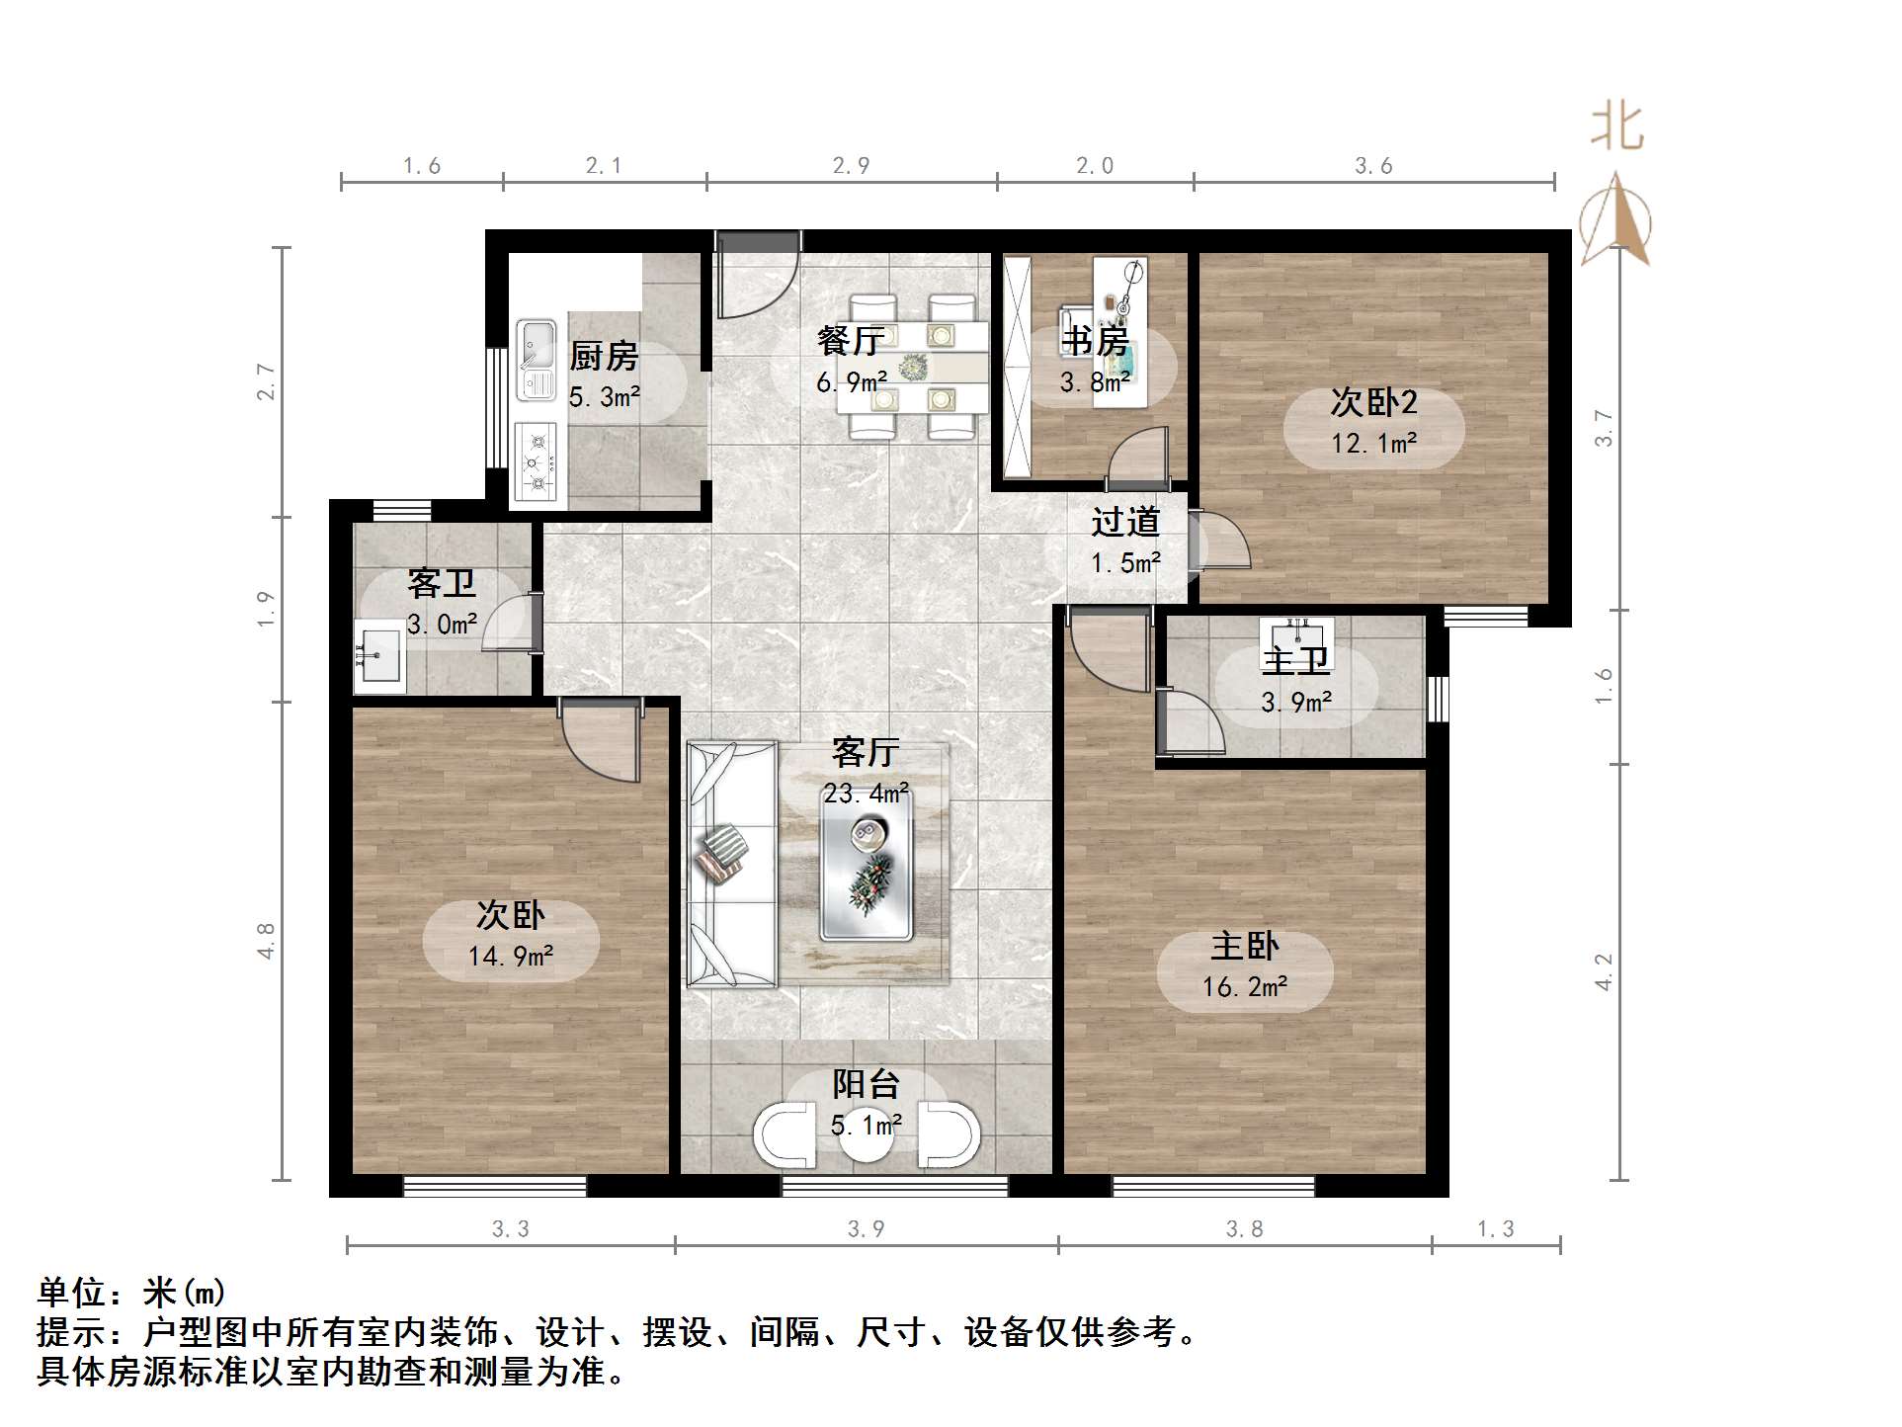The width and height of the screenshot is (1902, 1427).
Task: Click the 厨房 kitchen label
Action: click(604, 356)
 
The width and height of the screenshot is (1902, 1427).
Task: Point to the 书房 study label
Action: click(1095, 342)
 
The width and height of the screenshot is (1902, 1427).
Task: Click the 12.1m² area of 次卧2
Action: click(1373, 444)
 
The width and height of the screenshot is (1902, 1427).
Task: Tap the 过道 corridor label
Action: click(1124, 522)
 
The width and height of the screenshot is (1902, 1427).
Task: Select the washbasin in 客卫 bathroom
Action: click(378, 654)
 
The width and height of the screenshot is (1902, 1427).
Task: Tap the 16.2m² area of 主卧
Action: click(1244, 987)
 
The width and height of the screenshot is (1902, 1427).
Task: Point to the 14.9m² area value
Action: click(510, 956)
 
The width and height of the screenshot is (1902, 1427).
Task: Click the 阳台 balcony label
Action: click(866, 1084)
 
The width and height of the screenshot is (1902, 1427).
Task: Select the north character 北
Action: click(1616, 127)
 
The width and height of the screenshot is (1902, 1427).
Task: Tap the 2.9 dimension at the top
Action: click(851, 166)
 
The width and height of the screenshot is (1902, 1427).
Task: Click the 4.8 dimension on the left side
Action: click(265, 941)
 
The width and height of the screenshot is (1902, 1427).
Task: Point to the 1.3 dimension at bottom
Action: click(1495, 1228)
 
